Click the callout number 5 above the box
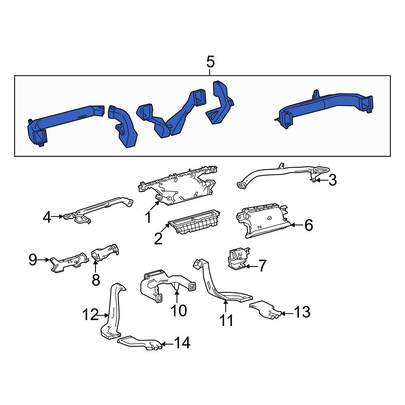[211, 62]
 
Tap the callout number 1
[148, 217]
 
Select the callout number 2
[158, 239]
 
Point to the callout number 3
[333, 180]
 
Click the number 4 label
[47, 217]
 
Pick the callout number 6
[309, 225]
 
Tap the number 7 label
[262, 266]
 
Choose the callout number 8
[96, 279]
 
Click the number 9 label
[33, 260]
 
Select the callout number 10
[179, 311]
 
